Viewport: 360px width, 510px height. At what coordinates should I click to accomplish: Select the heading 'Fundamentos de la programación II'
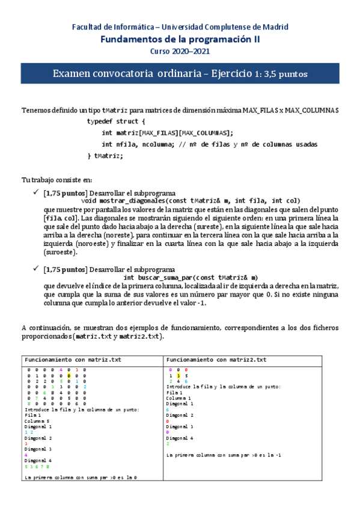coord(180,39)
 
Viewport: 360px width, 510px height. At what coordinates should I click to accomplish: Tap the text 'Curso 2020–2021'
coord(180,51)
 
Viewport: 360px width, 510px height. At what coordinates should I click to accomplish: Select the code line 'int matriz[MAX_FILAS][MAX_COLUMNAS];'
coord(167,133)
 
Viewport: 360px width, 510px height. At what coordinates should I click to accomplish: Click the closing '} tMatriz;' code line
coord(105,156)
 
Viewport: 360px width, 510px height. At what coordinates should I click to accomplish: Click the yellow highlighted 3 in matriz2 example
coord(178,375)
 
